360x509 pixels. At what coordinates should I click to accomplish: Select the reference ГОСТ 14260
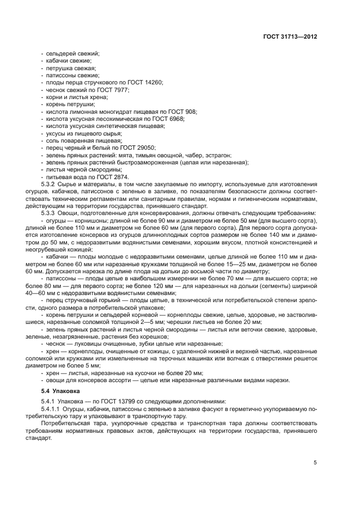pos(145,82)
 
